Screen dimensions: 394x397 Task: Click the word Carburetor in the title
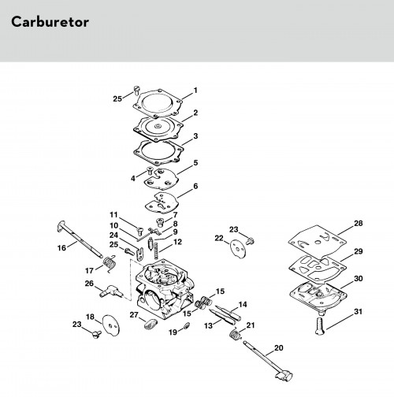(50, 22)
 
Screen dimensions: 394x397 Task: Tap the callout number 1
(195, 91)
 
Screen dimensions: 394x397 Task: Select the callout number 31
(358, 312)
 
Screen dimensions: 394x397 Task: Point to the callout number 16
(61, 248)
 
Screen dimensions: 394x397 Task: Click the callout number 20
(279, 348)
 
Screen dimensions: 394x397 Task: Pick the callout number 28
(359, 224)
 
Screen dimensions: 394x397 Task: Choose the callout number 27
(134, 314)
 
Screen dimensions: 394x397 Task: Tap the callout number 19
(173, 332)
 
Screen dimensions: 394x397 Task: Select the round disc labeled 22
(238, 250)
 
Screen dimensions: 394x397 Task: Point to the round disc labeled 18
(111, 325)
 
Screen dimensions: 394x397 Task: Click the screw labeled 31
(319, 326)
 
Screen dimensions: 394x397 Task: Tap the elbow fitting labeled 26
(111, 291)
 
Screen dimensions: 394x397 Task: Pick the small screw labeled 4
(150, 170)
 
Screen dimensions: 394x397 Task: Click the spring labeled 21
(236, 335)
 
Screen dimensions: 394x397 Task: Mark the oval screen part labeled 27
(151, 323)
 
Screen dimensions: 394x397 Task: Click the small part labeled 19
(187, 325)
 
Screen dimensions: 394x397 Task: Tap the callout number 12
(178, 242)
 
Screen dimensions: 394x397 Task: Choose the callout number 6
(195, 187)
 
